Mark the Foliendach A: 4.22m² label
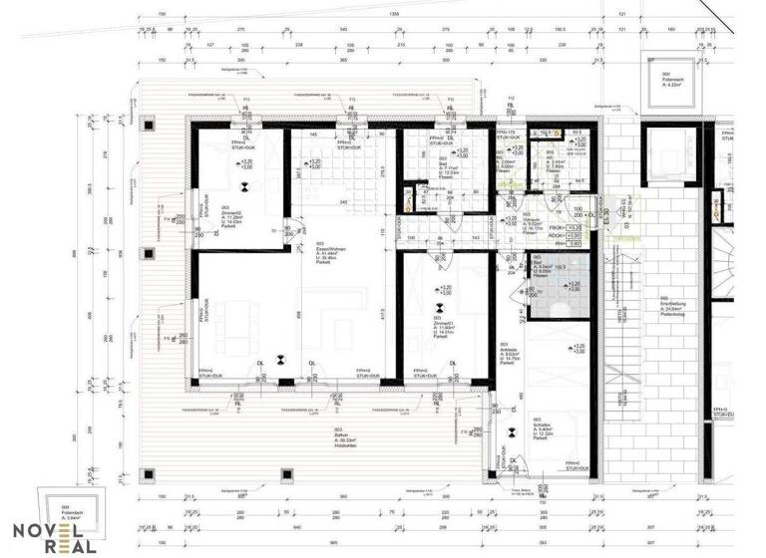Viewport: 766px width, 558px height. click(660, 82)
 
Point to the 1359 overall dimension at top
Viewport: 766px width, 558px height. click(394, 14)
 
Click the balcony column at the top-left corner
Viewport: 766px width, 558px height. click(149, 125)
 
